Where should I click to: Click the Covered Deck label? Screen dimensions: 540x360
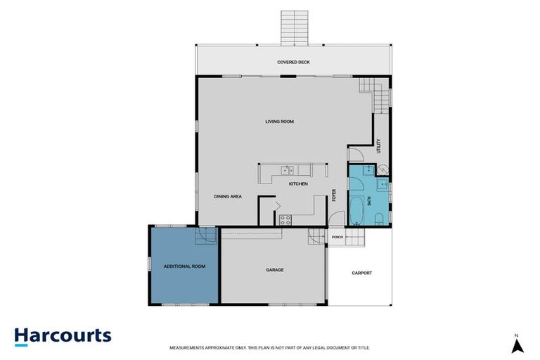(293, 63)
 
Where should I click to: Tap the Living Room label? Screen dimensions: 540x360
(279, 122)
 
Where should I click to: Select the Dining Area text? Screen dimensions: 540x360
(228, 196)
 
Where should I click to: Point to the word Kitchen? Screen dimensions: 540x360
(298, 184)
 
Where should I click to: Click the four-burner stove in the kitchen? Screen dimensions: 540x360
(285, 220)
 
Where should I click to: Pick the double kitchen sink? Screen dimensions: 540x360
(287, 170)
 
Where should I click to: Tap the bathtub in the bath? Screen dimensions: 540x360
(356, 210)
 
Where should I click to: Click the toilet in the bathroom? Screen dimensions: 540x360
(379, 219)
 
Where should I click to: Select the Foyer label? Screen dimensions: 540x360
(334, 195)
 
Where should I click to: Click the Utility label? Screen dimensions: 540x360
(379, 146)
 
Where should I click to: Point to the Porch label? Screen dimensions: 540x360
(337, 238)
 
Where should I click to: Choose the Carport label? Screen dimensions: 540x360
(362, 274)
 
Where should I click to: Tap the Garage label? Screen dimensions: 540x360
(275, 270)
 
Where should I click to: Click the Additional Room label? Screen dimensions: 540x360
(185, 266)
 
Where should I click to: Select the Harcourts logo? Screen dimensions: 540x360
(63, 337)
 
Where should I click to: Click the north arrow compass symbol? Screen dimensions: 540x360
(517, 345)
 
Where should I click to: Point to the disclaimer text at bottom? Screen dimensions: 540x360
(270, 348)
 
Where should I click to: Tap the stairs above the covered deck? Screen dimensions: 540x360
(295, 28)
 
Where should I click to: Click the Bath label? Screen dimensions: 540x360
(369, 201)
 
